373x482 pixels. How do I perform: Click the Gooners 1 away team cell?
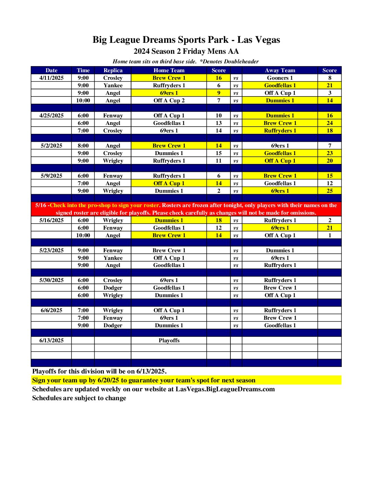tap(280, 78)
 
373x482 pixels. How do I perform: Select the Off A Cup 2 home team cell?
tap(169, 101)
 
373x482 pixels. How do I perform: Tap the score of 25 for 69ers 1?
tap(329, 191)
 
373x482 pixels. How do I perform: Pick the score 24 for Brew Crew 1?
tap(329, 123)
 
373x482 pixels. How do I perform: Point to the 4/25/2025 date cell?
tap(51, 116)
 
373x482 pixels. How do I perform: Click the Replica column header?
tap(113, 71)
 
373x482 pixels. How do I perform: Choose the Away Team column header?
tap(280, 71)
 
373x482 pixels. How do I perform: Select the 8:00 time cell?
tap(83, 146)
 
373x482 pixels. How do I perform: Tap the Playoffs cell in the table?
tap(169, 341)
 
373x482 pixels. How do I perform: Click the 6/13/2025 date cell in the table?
tap(51, 341)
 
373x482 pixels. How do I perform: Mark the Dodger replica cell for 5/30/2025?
tap(113, 288)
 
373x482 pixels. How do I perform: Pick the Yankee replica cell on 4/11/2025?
tap(113, 86)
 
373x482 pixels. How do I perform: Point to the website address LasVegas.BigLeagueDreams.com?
tap(225, 389)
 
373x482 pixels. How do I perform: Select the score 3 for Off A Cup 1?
tap(329, 93)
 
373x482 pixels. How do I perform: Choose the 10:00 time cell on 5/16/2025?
tap(83, 236)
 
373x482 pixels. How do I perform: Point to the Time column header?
tap(83, 71)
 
